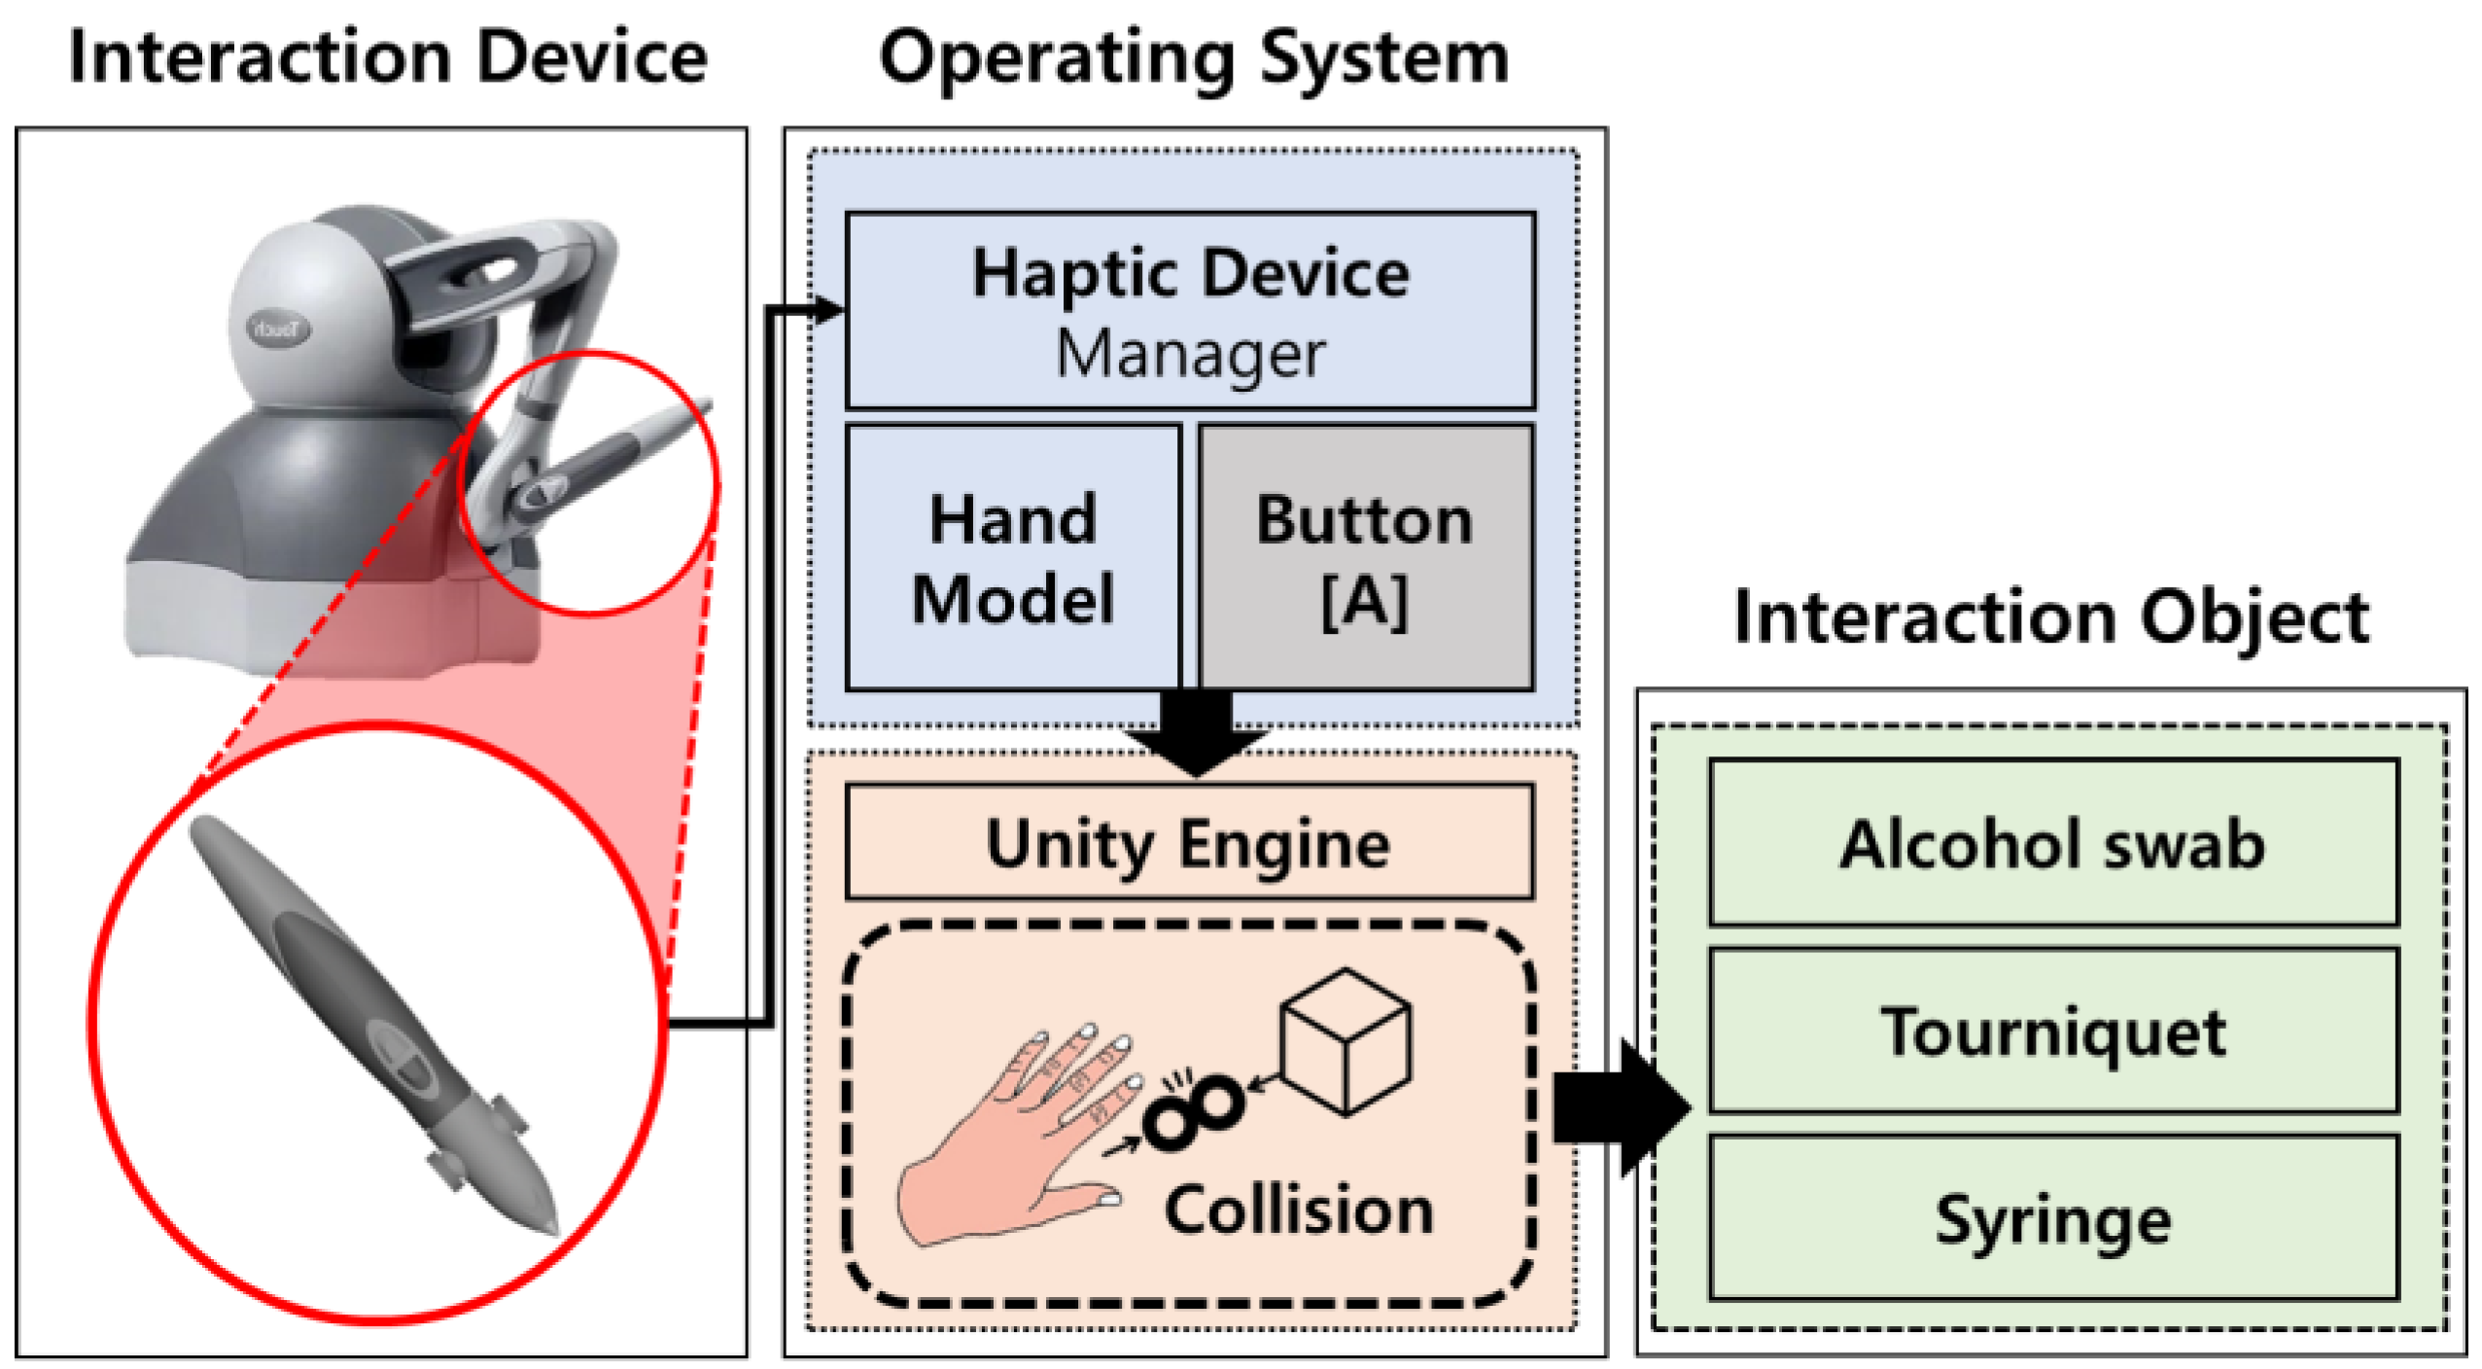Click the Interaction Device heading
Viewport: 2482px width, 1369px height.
tap(388, 58)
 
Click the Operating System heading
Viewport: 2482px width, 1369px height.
tap(1193, 58)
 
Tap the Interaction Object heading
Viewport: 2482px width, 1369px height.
tap(2050, 617)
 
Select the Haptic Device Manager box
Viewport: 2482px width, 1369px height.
tap(1190, 311)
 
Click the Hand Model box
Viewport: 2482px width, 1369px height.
tap(1013, 558)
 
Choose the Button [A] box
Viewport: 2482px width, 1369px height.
tap(1365, 558)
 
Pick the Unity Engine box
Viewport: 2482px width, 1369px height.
tap(1189, 842)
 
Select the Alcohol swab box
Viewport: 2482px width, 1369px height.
tap(2052, 842)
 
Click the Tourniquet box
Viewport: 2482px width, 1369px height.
tap(2052, 1031)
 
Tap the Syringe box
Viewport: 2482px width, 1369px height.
tap(2052, 1217)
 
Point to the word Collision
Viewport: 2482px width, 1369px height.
tap(1299, 1211)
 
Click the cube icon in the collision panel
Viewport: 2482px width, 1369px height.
tap(1346, 1040)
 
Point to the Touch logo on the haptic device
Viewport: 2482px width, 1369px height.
tap(278, 329)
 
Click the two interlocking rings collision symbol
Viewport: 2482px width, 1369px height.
tap(1193, 1111)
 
